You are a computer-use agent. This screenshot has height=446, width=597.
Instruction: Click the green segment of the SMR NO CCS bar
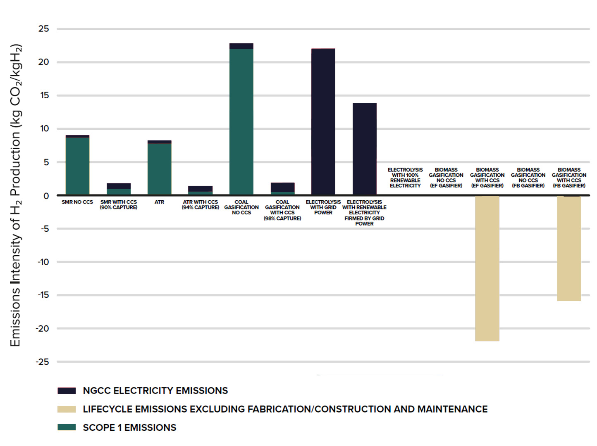click(x=77, y=165)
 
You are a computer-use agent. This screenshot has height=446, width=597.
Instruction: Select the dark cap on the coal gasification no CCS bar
click(x=241, y=46)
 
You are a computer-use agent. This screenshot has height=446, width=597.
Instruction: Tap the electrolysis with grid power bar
click(x=323, y=122)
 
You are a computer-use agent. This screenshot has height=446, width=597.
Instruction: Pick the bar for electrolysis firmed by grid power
click(x=364, y=149)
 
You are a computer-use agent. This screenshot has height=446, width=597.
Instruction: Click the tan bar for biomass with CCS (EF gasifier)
click(x=487, y=268)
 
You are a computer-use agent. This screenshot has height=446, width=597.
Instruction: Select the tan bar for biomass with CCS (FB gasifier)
click(x=569, y=248)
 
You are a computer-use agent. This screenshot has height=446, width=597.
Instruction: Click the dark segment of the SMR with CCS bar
click(x=119, y=186)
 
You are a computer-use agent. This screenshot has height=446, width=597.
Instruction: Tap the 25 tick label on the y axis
click(x=43, y=29)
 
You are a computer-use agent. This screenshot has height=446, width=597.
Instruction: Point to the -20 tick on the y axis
click(x=43, y=329)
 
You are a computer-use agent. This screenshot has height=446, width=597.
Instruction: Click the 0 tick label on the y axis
click(x=46, y=196)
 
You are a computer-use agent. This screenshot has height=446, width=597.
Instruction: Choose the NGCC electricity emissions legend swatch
click(x=67, y=391)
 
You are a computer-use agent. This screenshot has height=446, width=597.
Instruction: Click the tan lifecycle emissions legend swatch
click(x=67, y=409)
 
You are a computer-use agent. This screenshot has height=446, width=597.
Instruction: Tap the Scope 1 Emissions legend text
click(x=129, y=428)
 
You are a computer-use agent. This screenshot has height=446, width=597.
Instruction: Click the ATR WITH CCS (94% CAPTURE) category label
click(x=200, y=205)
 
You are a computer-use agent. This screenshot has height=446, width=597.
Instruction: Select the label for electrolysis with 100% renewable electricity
click(x=405, y=178)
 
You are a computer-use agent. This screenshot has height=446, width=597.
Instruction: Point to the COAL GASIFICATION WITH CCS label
click(x=282, y=210)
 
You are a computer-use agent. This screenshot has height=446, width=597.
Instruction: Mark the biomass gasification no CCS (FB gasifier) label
click(x=528, y=178)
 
